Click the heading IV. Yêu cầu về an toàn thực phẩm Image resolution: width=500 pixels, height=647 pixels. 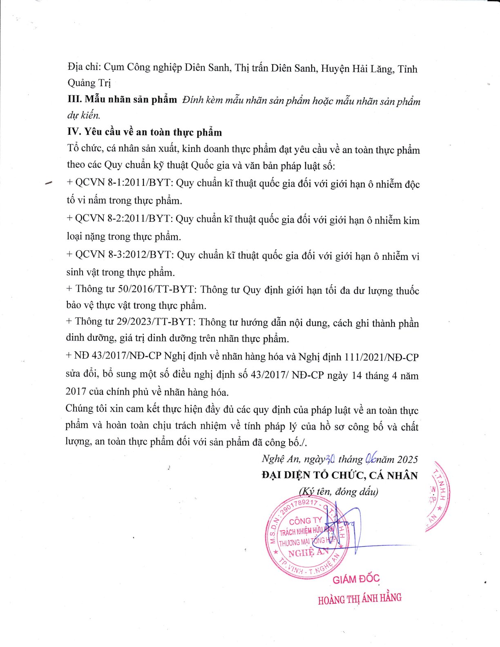pyautogui.click(x=145, y=132)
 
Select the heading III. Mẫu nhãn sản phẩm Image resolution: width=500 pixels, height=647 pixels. pyautogui.click(x=122, y=100)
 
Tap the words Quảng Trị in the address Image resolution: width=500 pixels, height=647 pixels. pyautogui.click(x=89, y=83)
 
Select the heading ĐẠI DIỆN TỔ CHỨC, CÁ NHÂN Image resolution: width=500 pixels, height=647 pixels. pyautogui.click(x=340, y=475)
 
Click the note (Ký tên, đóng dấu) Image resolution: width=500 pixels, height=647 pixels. pyautogui.click(x=339, y=491)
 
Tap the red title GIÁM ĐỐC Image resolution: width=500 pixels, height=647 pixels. pyautogui.click(x=356, y=579)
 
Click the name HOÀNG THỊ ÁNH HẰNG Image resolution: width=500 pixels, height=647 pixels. pyautogui.click(x=359, y=599)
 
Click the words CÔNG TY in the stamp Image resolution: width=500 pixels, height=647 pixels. pyautogui.click(x=305, y=521)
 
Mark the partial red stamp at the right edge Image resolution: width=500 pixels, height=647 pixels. pyautogui.click(x=437, y=496)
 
